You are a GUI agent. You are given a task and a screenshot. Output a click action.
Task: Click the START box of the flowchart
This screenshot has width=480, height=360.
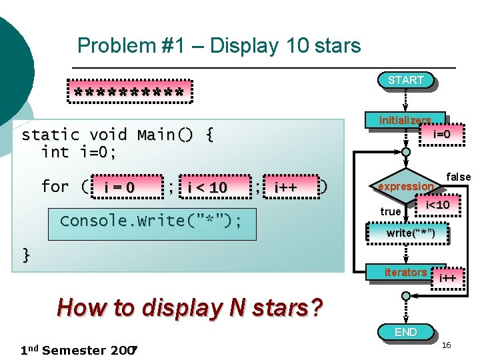click(x=405, y=81)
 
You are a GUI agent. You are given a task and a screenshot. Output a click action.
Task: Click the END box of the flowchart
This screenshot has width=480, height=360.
click(x=405, y=332)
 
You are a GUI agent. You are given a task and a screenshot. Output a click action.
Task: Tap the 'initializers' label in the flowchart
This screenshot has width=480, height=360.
click(x=405, y=121)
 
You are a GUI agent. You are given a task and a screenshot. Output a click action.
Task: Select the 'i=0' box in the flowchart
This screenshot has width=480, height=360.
click(x=442, y=134)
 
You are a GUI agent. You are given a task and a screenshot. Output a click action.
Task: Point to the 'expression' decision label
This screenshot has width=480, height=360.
click(x=405, y=187)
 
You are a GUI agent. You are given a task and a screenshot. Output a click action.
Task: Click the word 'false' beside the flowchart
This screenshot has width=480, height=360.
click(x=458, y=177)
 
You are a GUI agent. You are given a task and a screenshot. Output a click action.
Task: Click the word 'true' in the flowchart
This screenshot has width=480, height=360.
click(x=391, y=211)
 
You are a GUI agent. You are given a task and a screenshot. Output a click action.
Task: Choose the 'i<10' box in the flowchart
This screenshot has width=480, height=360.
click(x=437, y=205)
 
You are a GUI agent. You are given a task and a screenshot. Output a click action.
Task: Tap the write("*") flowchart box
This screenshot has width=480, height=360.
click(x=411, y=233)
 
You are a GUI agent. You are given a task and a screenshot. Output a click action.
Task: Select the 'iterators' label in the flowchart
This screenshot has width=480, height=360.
click(x=405, y=272)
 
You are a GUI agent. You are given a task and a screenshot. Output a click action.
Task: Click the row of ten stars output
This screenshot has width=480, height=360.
click(x=129, y=91)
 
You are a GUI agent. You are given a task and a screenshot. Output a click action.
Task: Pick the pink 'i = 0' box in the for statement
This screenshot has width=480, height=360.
click(x=119, y=188)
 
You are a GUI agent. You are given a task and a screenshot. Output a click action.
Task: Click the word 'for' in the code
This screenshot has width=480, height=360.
click(x=55, y=187)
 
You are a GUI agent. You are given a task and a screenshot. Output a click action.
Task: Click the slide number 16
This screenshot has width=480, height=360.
click(x=447, y=344)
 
